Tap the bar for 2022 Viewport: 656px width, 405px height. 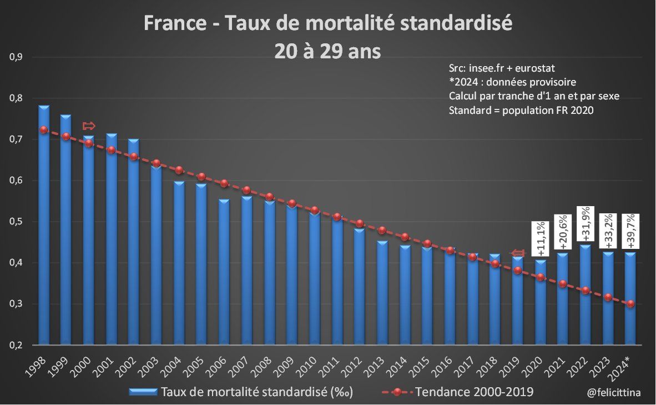tap(585, 294)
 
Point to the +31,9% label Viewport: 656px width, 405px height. tap(586, 225)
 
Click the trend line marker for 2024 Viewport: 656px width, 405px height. tap(630, 303)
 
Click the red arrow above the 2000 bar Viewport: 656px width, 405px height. tap(89, 126)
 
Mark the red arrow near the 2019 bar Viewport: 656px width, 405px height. tap(517, 253)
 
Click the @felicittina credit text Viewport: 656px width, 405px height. tap(613, 392)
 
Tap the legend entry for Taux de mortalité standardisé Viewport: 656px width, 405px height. tap(241, 392)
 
